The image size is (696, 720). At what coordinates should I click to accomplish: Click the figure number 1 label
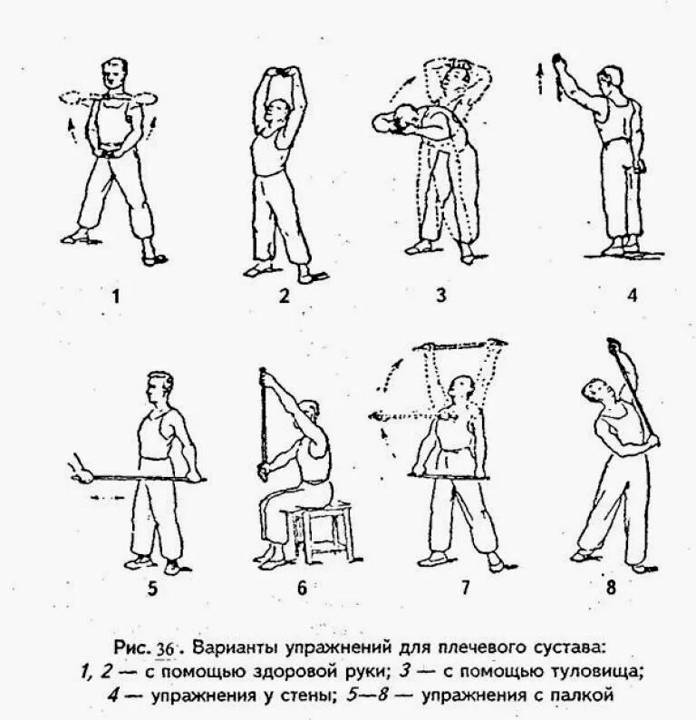point(114,297)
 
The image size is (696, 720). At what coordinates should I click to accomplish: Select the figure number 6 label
point(303,588)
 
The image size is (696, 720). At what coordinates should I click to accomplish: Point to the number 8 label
point(611,586)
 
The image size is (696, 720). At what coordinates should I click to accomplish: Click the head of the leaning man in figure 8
point(594,393)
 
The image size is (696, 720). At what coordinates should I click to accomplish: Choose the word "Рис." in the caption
point(134,649)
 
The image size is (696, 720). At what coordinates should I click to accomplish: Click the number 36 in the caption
point(168,649)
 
